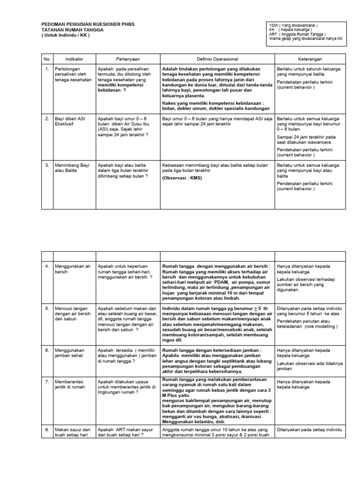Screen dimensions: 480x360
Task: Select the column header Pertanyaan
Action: click(x=127, y=59)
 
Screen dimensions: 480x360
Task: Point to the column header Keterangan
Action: click(x=310, y=59)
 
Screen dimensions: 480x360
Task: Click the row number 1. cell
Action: click(x=47, y=69)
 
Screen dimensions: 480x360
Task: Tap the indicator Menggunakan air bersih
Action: click(x=72, y=269)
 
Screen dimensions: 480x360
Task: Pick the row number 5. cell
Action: click(x=47, y=309)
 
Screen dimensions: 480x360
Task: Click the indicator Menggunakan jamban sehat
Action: click(x=69, y=352)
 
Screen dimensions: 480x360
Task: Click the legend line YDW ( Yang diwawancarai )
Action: click(x=293, y=25)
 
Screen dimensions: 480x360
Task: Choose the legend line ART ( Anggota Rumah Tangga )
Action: click(x=297, y=34)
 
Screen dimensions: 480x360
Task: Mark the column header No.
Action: click(x=47, y=59)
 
